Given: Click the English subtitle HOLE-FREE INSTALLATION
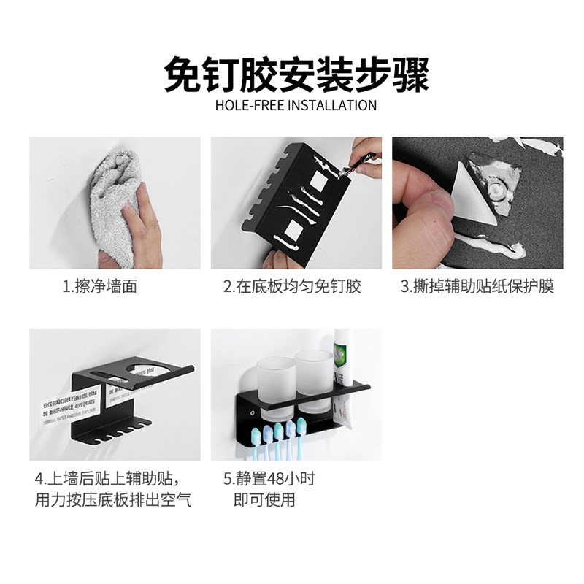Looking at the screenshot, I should click(x=296, y=105).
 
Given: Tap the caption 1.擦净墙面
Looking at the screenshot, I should click(x=99, y=286).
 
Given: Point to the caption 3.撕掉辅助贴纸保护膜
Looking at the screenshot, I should click(x=477, y=286).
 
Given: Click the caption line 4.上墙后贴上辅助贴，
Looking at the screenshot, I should click(x=107, y=479).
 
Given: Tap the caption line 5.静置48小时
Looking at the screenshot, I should click(x=269, y=479).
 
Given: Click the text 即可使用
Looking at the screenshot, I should click(x=264, y=500).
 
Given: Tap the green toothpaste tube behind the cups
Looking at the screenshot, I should click(x=343, y=358).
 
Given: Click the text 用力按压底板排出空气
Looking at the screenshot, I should click(x=113, y=500).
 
